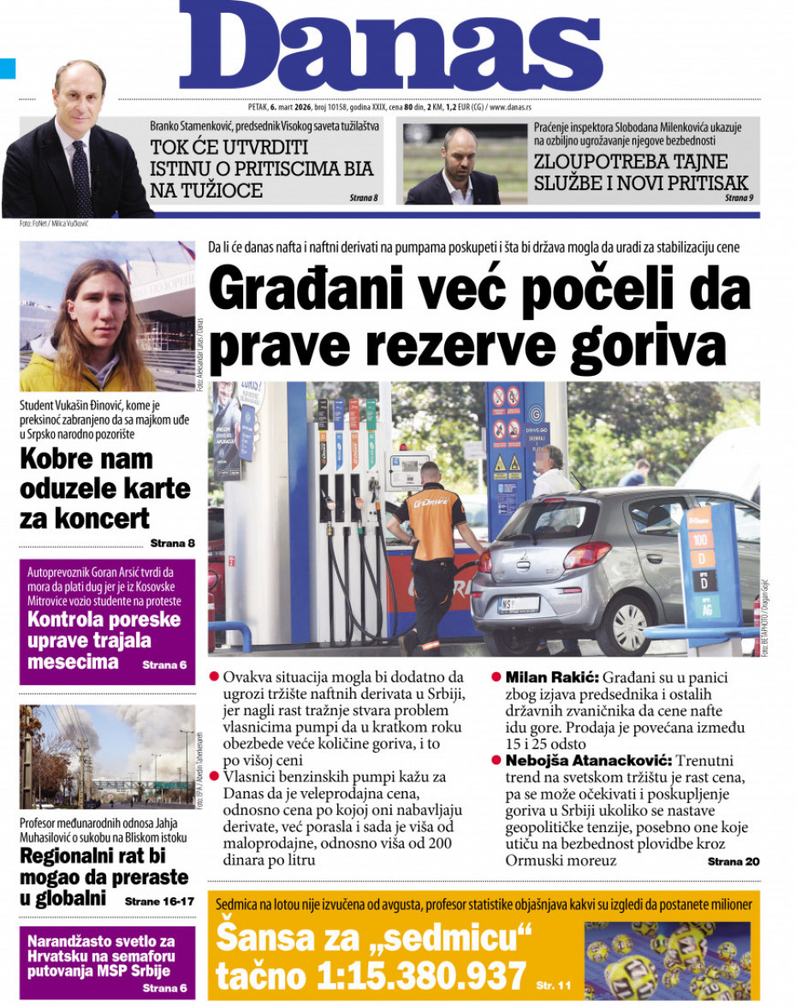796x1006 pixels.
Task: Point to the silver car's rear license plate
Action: coord(518,604)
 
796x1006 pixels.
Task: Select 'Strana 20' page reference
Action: coord(733,861)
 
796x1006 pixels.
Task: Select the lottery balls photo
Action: coord(667,959)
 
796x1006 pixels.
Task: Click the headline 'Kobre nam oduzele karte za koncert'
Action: coord(105,488)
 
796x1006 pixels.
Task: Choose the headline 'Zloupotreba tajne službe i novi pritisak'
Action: coord(641,171)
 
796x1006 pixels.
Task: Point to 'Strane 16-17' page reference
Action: coord(159,902)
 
